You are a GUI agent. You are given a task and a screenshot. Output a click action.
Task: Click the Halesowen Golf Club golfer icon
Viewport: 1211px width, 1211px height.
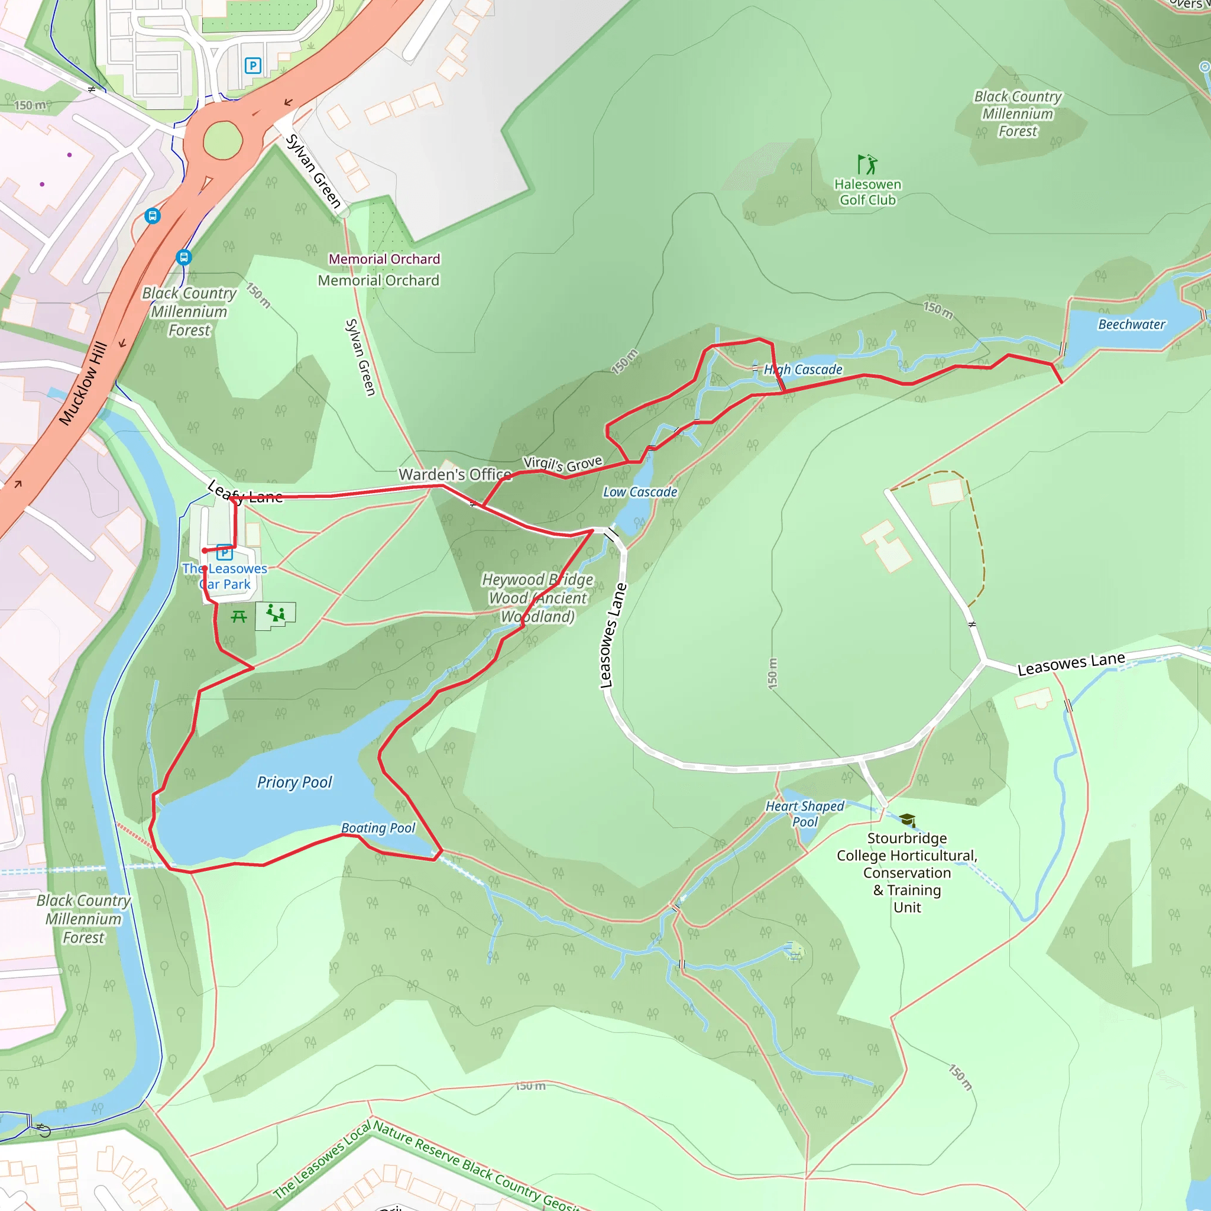pos(867,165)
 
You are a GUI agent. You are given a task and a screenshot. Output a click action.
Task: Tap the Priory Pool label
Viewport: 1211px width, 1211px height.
pos(294,782)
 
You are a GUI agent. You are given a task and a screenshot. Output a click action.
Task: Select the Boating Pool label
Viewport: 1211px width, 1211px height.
pos(378,828)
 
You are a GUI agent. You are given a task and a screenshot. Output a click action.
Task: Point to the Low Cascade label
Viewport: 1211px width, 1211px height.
pos(640,492)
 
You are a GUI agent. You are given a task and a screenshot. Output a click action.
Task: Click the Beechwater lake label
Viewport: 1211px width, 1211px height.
pos(1131,324)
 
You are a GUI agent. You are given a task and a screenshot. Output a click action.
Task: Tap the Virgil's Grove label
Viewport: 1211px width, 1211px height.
pos(562,463)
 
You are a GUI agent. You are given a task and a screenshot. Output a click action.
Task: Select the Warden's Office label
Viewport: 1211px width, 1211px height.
pos(455,474)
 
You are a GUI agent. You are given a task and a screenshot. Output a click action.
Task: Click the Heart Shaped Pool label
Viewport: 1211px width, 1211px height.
pos(805,814)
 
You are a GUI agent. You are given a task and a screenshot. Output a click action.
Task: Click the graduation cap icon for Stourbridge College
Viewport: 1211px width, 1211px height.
pos(907,820)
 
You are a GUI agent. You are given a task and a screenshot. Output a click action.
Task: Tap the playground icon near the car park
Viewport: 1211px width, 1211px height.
pos(275,614)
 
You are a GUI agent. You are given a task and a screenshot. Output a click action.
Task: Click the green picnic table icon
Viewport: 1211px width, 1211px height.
pos(238,617)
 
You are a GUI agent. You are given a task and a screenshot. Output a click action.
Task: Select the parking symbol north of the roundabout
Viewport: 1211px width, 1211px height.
pos(252,65)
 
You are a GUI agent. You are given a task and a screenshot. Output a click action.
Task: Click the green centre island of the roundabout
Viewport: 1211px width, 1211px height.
pos(222,140)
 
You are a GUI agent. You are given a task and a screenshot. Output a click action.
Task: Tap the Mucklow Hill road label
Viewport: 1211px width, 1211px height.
pos(83,384)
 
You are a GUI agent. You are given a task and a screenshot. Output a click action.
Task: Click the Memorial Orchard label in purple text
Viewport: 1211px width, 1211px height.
pos(384,259)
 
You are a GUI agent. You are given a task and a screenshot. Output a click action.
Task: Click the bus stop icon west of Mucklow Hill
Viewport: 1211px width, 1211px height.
pos(153,216)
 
